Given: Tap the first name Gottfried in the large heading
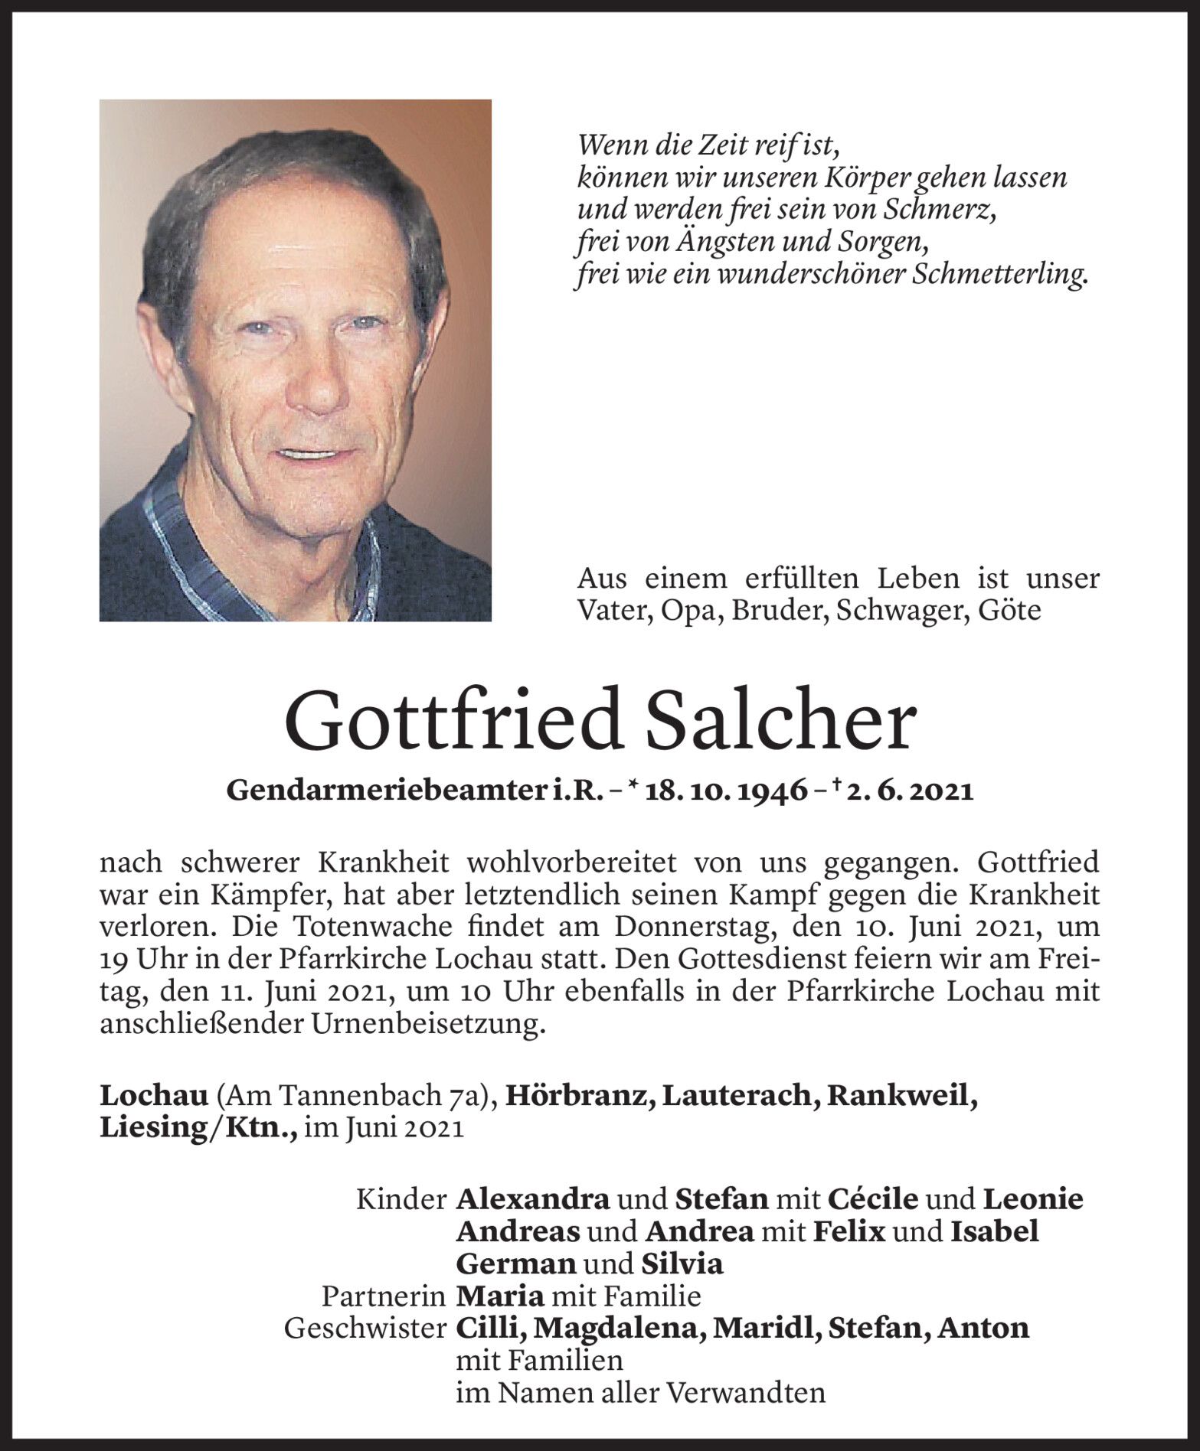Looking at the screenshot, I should (x=460, y=724).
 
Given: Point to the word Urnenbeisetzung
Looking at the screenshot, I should (x=429, y=1024).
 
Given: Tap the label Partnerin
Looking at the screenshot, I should (x=383, y=1296).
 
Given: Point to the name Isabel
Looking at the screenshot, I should (x=994, y=1231).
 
